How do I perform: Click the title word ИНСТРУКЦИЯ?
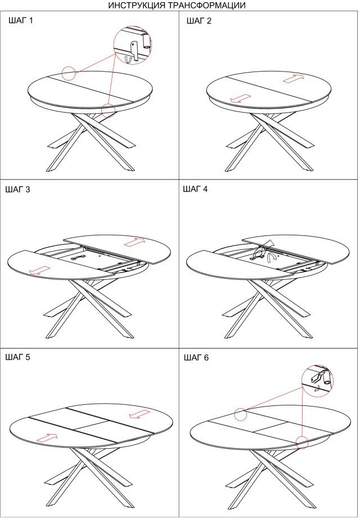tap(139, 5)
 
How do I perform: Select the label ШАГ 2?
tap(199, 21)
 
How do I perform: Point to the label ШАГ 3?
tap(17, 190)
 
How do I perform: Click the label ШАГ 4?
tap(195, 189)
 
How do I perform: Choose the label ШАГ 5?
tap(17, 357)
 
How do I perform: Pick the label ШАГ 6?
tap(196, 358)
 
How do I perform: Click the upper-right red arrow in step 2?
tap(293, 78)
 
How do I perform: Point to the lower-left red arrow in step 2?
tap(240, 99)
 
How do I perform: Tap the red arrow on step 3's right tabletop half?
tap(134, 242)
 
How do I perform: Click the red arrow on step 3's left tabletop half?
tap(39, 270)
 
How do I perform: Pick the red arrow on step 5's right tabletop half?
tap(139, 414)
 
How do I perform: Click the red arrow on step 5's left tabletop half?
tap(47, 438)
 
